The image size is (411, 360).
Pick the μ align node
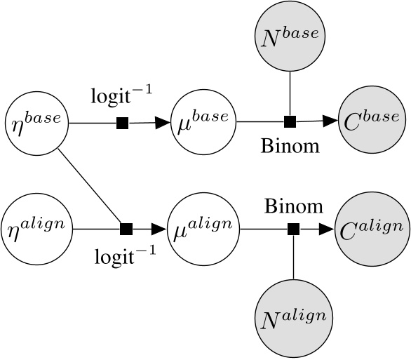tap(203, 229)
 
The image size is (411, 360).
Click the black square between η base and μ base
tap(122, 124)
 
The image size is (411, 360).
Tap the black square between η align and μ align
tap(127, 229)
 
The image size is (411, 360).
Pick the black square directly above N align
tap(294, 229)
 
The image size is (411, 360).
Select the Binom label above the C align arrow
tap(294, 206)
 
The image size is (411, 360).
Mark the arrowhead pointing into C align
tap(327, 229)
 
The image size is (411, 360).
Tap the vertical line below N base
tap(289, 91)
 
